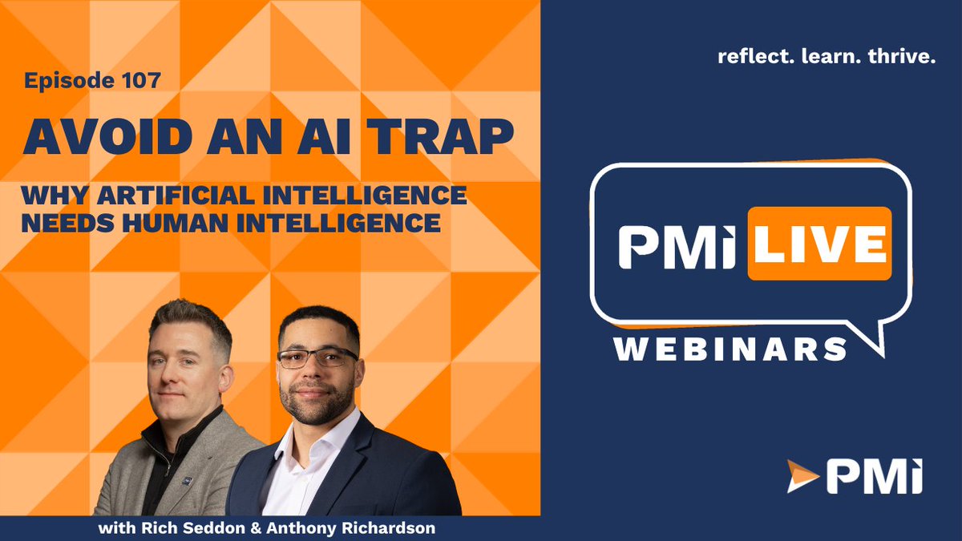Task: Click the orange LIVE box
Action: [819, 244]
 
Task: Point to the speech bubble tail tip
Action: [882, 356]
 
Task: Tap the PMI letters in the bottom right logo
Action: [873, 476]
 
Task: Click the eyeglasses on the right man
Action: [317, 357]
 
